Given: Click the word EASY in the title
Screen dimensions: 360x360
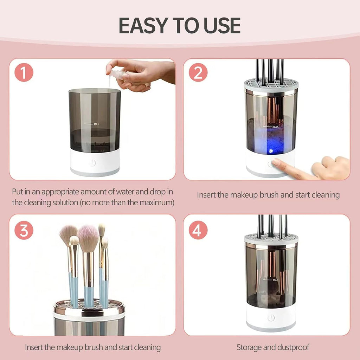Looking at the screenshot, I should pyautogui.click(x=144, y=25).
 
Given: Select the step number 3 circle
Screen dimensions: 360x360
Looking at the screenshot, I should pyautogui.click(x=24, y=231).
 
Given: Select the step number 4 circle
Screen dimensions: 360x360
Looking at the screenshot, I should pyautogui.click(x=198, y=231).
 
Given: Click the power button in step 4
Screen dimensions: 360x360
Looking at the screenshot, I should pyautogui.click(x=271, y=318).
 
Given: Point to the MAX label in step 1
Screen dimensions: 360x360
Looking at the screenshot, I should pyautogui.click(x=96, y=124).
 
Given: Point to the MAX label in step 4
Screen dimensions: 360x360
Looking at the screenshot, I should pyautogui.click(x=275, y=280).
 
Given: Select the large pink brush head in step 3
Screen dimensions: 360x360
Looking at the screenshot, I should pyautogui.click(x=88, y=238).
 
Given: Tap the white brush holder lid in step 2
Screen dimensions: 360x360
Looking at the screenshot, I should pyautogui.click(x=271, y=85).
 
